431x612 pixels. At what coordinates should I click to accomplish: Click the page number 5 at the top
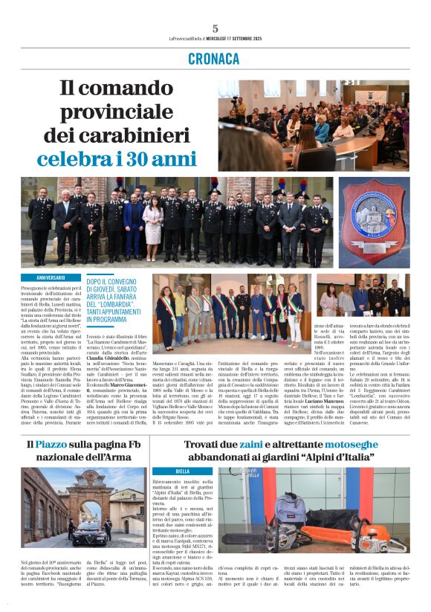(x=215, y=29)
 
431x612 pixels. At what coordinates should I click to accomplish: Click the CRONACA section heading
(x=215, y=58)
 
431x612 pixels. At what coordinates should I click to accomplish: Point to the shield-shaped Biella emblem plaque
(x=375, y=221)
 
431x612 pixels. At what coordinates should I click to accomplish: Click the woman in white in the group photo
(x=152, y=221)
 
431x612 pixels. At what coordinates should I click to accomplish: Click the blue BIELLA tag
(x=183, y=471)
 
